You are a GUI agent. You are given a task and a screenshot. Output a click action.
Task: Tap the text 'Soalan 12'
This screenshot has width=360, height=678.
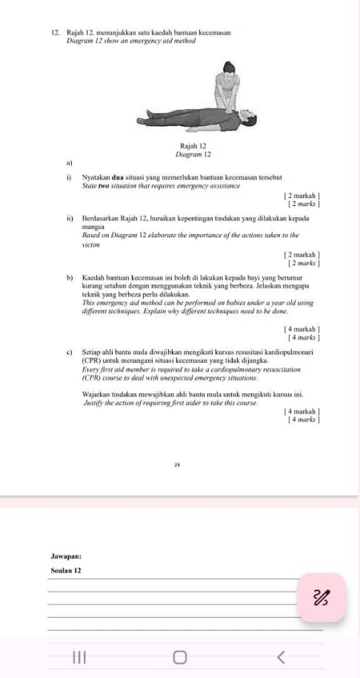(x=66, y=571)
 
